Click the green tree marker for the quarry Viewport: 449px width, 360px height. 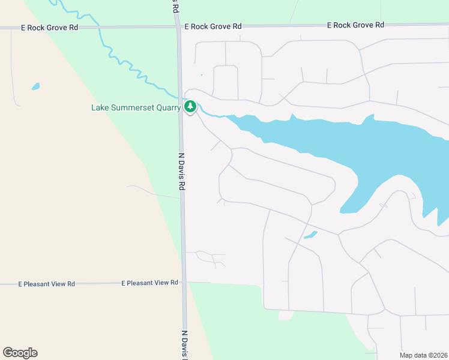pyautogui.click(x=190, y=107)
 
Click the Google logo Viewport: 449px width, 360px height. pyautogui.click(x=20, y=353)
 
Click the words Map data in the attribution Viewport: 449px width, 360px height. pyautogui.click(x=413, y=355)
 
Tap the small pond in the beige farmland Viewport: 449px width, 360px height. pyautogui.click(x=35, y=86)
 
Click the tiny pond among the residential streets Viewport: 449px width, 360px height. pyautogui.click(x=310, y=235)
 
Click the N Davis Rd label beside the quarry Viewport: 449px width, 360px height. pyautogui.click(x=181, y=172)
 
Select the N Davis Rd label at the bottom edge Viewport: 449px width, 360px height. pyautogui.click(x=184, y=345)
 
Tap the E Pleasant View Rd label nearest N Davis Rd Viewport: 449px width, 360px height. pyautogui.click(x=150, y=283)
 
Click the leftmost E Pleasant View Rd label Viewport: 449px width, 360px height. pyautogui.click(x=46, y=283)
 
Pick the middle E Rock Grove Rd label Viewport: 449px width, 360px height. pyautogui.click(x=213, y=26)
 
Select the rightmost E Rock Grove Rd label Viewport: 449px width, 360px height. pyautogui.click(x=355, y=25)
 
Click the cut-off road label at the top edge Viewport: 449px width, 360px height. pyautogui.click(x=175, y=5)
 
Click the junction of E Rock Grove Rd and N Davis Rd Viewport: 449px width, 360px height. pyautogui.click(x=178, y=27)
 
